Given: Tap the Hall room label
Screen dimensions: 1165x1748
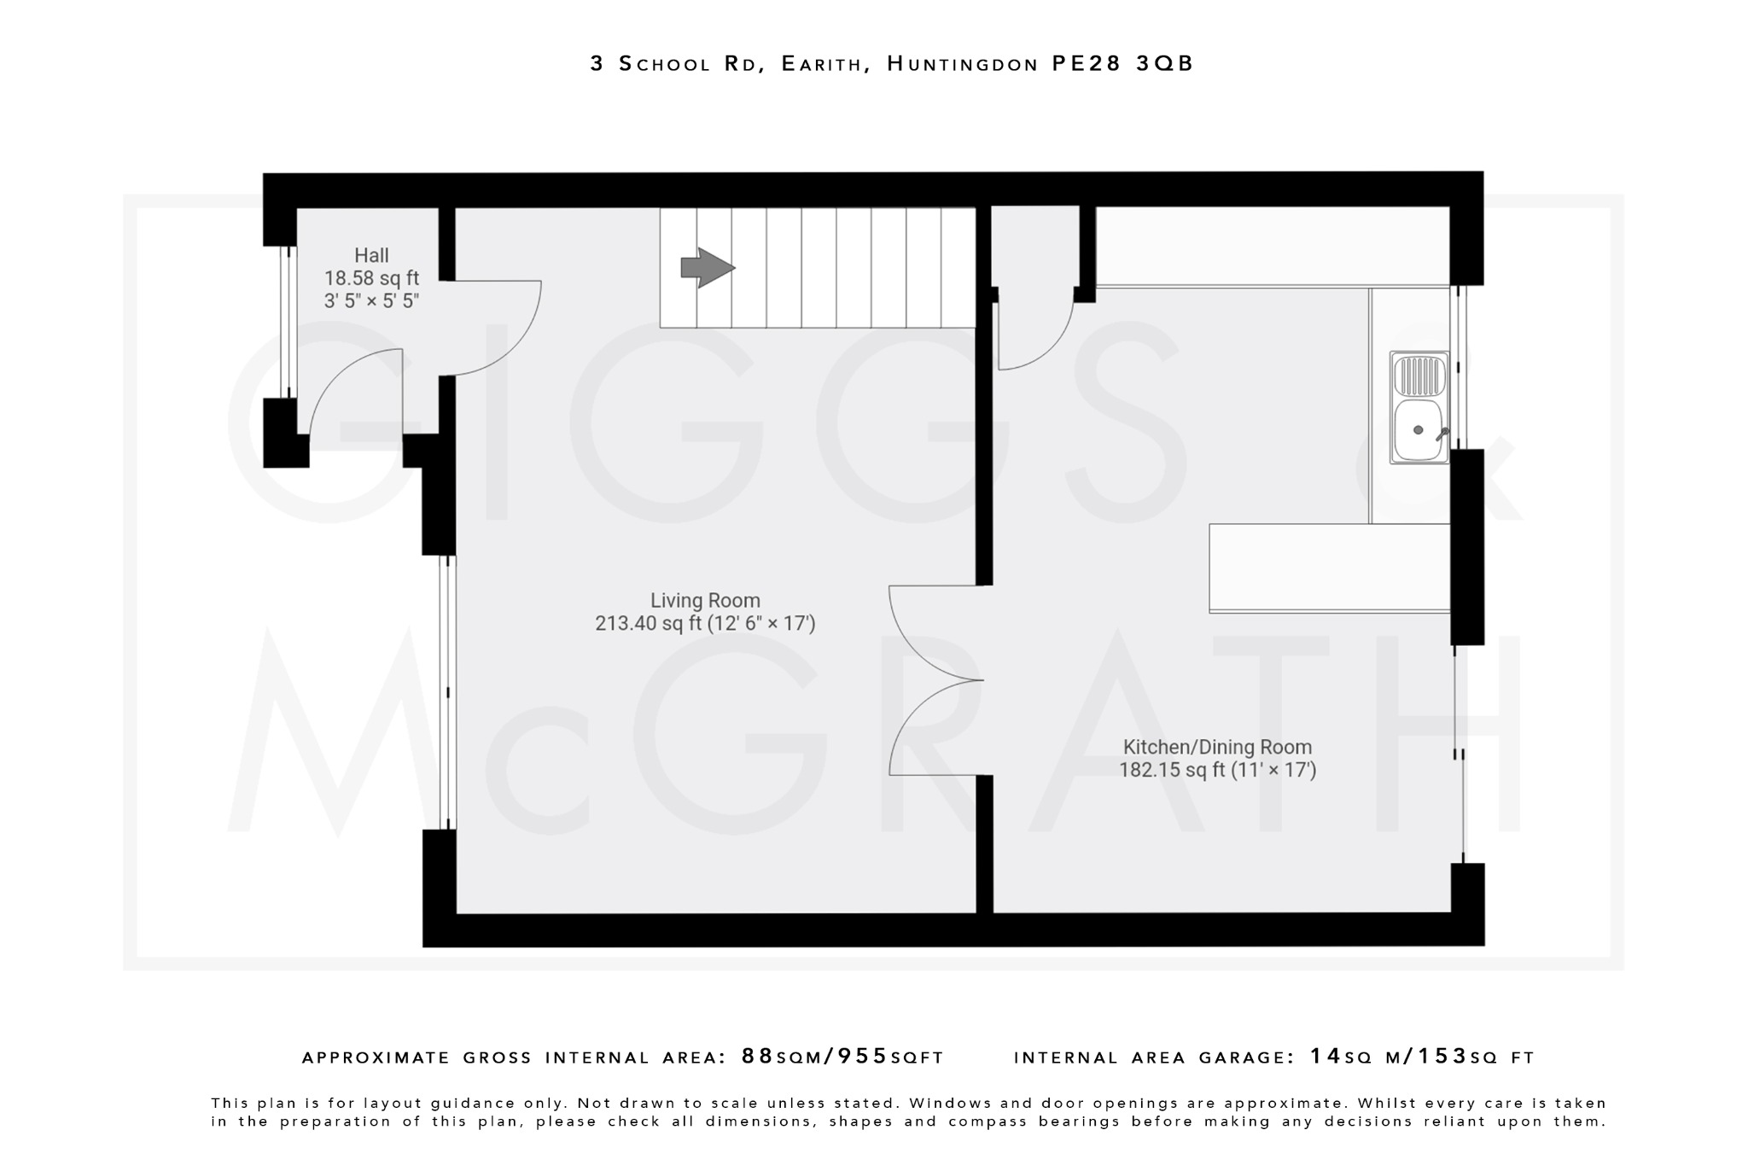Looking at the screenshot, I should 371,255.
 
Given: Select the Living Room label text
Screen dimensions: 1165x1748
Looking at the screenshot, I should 705,601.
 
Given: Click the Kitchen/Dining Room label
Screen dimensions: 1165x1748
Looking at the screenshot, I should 1217,748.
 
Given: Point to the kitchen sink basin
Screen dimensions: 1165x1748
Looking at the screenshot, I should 1417,430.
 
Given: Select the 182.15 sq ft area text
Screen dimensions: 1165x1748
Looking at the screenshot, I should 1173,771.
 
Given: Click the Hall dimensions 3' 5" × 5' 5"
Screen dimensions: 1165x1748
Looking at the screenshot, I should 371,301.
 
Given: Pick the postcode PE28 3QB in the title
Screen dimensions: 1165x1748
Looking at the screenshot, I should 1122,64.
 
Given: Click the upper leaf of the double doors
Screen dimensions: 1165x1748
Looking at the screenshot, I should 922,640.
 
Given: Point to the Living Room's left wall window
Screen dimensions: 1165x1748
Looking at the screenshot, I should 448,692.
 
